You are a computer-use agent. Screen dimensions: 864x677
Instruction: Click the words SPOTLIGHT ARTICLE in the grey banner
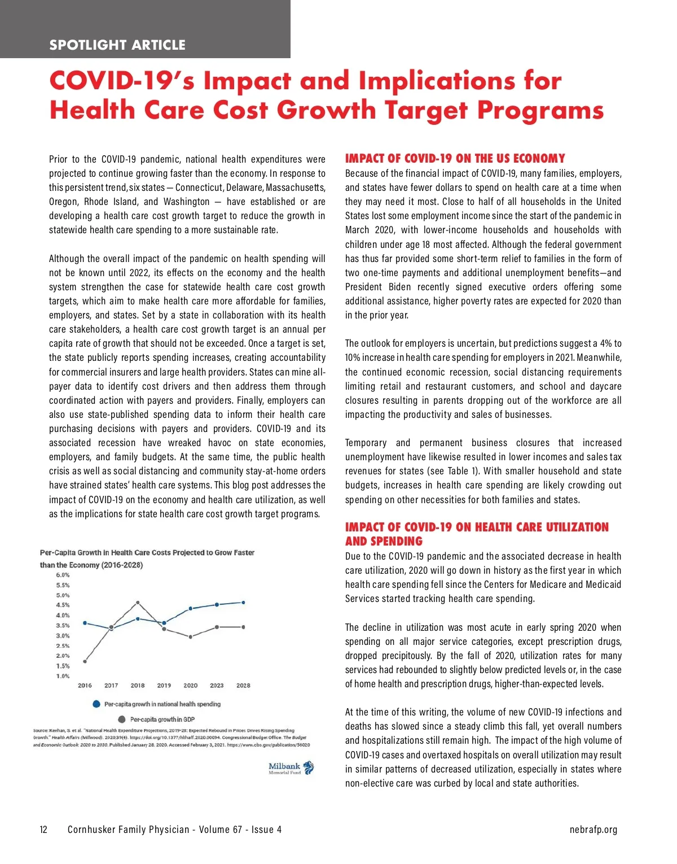pyautogui.click(x=117, y=45)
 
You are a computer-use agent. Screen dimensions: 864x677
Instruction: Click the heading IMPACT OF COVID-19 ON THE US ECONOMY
pyautogui.click(x=455, y=159)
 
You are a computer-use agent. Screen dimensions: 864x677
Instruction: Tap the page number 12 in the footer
pyautogui.click(x=43, y=830)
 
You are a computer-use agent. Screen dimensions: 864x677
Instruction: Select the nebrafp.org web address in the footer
pyautogui.click(x=594, y=830)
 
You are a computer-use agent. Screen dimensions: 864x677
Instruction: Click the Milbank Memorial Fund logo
pyautogui.click(x=291, y=768)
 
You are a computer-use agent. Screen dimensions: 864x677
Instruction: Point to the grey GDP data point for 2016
pyautogui.click(x=85, y=661)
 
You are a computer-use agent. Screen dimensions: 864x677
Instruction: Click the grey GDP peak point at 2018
pyautogui.click(x=138, y=603)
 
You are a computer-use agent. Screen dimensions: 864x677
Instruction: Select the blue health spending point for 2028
pyautogui.click(x=243, y=603)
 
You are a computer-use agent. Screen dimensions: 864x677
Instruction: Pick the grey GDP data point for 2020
pyautogui.click(x=191, y=636)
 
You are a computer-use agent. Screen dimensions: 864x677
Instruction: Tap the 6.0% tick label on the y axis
pyautogui.click(x=63, y=575)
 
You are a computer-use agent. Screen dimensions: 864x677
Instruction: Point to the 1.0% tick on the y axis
pyautogui.click(x=63, y=676)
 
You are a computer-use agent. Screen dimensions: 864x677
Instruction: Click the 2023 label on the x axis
pyautogui.click(x=217, y=686)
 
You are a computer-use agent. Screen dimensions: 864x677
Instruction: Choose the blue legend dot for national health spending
pyautogui.click(x=96, y=704)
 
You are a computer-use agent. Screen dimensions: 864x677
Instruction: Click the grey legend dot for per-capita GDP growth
pyautogui.click(x=122, y=719)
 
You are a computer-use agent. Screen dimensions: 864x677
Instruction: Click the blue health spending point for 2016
pyautogui.click(x=85, y=623)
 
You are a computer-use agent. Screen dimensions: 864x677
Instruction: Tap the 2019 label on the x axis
pyautogui.click(x=164, y=686)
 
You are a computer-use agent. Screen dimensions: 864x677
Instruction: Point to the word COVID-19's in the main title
pyautogui.click(x=122, y=81)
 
